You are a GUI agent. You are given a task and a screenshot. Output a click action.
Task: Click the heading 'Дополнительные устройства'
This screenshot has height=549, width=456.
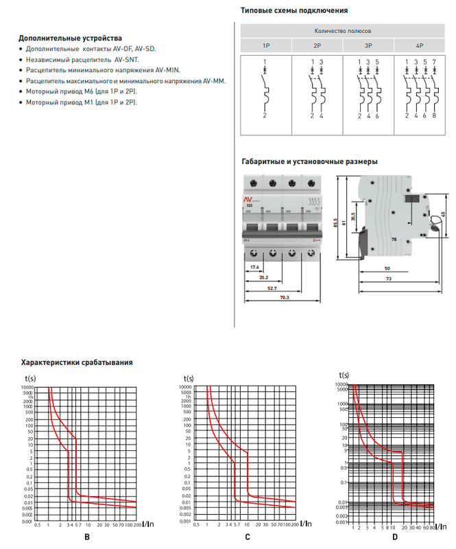(x=70, y=38)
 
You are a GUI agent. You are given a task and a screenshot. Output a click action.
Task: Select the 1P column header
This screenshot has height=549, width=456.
(x=265, y=45)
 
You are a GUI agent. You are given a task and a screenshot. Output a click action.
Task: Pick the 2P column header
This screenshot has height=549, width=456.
(x=317, y=45)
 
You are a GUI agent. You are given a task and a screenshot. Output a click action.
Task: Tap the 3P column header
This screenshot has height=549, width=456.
(x=368, y=45)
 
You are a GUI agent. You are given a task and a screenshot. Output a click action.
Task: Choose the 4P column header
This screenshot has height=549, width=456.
(x=419, y=45)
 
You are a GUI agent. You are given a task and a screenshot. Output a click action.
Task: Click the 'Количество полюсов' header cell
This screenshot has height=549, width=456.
(x=342, y=32)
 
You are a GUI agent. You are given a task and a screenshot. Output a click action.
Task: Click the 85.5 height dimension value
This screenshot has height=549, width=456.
(x=335, y=224)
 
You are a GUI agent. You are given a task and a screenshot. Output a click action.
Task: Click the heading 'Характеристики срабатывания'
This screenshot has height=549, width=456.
(x=76, y=362)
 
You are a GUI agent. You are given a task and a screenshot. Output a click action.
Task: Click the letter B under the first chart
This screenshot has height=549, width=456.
(x=86, y=536)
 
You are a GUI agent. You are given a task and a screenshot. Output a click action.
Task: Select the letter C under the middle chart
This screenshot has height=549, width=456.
(x=248, y=536)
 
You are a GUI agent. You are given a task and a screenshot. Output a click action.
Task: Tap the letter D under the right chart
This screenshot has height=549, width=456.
(x=395, y=536)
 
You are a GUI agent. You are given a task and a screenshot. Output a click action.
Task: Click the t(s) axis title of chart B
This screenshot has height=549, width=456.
(x=31, y=377)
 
